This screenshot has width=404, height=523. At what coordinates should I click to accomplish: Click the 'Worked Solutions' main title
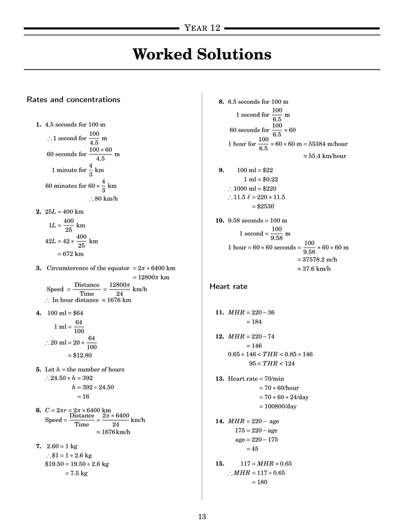pos(202,54)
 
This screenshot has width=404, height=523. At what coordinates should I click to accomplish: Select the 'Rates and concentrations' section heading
pos(74,100)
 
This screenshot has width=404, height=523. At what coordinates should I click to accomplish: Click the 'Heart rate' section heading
pos(228,287)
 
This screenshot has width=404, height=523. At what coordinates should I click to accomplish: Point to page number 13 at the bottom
pos(202,517)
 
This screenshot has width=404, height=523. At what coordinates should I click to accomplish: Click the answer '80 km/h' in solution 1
pos(105,199)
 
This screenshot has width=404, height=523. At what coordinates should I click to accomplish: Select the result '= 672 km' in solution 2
pos(71,254)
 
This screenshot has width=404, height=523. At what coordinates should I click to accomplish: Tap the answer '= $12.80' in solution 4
pos(80,355)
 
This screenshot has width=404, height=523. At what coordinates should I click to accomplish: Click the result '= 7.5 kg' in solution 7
pos(76,473)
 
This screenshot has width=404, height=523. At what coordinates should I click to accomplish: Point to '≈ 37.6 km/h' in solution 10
pos(314,269)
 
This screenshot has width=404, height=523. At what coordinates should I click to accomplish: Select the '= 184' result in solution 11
pos(254,322)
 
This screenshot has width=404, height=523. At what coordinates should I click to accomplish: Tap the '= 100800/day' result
pos(278,406)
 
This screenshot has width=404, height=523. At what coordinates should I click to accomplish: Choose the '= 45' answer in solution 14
pos(252,449)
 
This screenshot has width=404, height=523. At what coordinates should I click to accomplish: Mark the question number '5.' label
pos(39,370)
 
